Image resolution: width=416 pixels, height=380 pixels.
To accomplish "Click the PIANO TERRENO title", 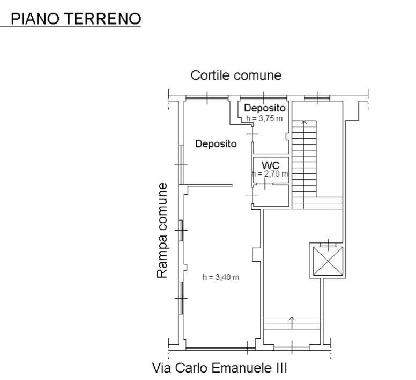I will click(76, 19).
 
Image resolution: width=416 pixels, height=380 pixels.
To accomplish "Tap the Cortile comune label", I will click(236, 75).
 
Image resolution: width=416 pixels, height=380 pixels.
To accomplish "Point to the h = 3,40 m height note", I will click(221, 277).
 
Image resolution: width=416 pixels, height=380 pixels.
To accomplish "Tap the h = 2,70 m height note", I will click(270, 173).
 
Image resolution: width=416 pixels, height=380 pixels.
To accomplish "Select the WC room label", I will click(270, 164).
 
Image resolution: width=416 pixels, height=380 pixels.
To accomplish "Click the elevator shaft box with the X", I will click(325, 260).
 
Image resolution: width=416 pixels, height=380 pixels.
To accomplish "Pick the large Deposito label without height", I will click(216, 143).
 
